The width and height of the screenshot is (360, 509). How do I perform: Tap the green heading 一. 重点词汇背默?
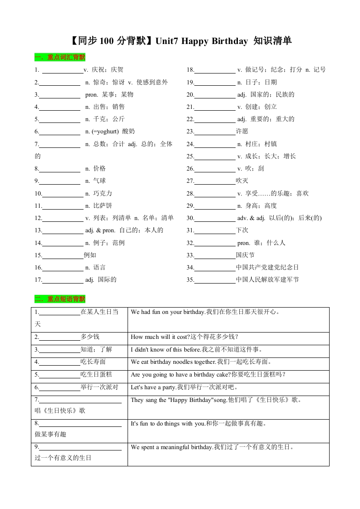click(x=60, y=58)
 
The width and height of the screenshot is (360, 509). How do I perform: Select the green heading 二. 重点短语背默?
click(x=60, y=299)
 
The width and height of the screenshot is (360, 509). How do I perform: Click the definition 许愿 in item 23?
click(x=242, y=132)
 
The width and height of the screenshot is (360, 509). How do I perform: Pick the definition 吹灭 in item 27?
click(x=242, y=181)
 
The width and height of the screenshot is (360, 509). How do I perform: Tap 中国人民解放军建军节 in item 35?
click(x=267, y=279)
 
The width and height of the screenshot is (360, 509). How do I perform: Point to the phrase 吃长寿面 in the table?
click(x=93, y=362)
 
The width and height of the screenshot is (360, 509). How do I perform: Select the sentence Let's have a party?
click(x=154, y=387)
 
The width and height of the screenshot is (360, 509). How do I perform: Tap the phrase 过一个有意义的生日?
click(x=63, y=458)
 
